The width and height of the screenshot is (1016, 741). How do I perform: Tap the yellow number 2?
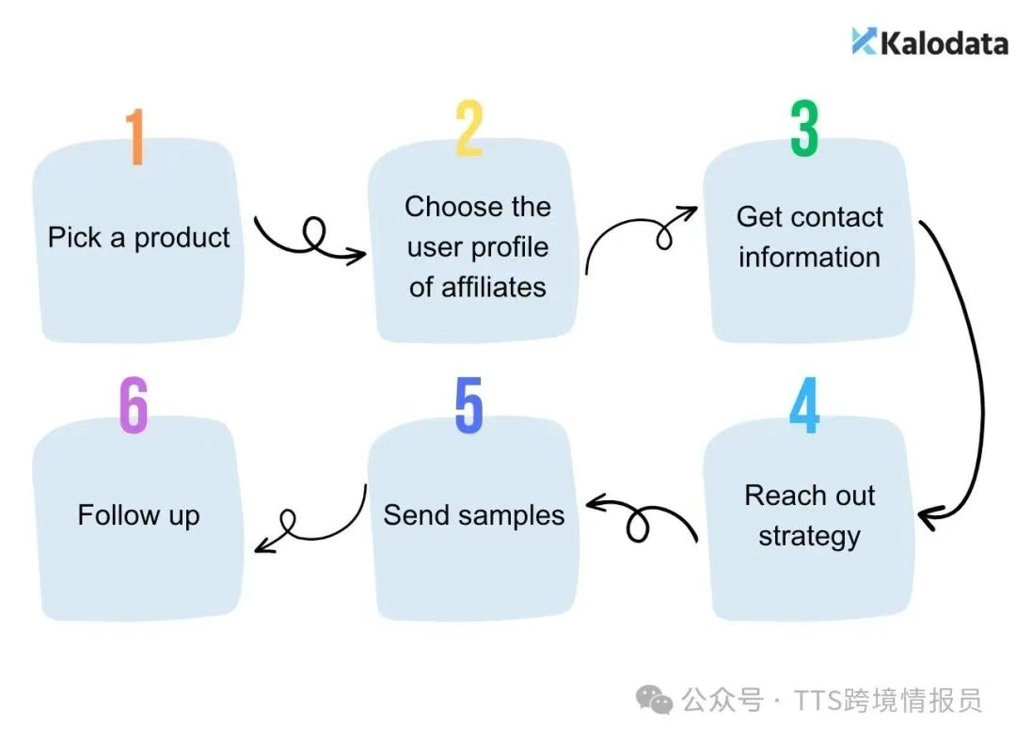click(469, 128)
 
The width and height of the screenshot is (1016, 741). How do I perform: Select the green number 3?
click(804, 128)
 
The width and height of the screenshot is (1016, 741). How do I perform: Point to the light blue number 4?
click(804, 405)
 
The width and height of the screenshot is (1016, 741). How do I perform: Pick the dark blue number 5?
click(469, 405)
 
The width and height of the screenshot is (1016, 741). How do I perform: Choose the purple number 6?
click(135, 405)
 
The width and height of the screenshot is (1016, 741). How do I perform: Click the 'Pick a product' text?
click(138, 238)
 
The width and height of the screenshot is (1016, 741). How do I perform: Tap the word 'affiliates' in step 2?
click(494, 287)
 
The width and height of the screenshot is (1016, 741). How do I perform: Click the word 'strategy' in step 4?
click(809, 537)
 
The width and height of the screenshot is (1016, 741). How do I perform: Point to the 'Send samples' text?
click(473, 515)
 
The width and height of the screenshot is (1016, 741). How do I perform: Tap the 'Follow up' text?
click(138, 516)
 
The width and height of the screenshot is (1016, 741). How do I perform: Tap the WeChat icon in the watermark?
click(654, 699)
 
